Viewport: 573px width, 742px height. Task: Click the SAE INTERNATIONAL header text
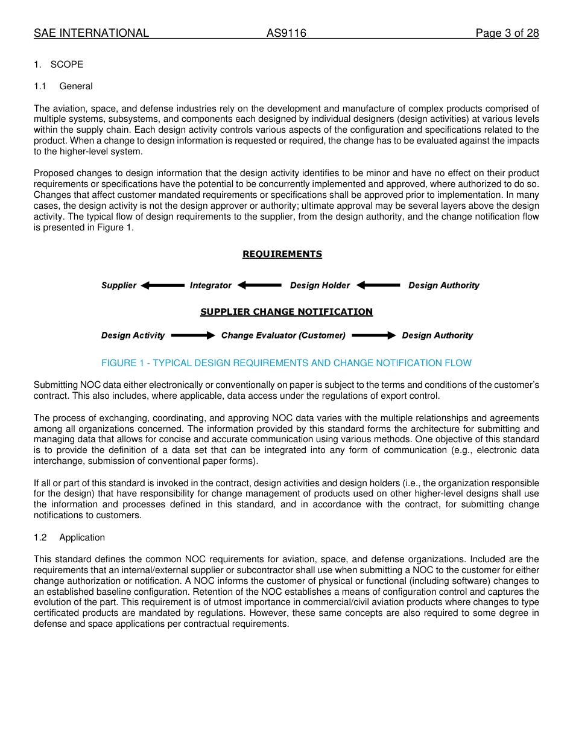(91, 33)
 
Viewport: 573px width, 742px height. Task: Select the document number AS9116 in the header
(286, 33)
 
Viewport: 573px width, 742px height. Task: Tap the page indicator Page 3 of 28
(507, 33)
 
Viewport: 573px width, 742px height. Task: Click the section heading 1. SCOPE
(59, 65)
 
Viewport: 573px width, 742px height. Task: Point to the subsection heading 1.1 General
(63, 86)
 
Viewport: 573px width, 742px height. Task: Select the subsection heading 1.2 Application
(69, 537)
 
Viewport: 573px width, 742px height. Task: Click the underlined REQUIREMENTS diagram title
(282, 254)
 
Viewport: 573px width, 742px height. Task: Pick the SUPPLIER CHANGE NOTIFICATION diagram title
(286, 312)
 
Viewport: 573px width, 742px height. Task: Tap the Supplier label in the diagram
(119, 285)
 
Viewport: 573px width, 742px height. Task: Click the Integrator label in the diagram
(211, 285)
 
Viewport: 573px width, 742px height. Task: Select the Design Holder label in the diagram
(320, 285)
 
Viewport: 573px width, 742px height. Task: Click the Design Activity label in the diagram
(133, 335)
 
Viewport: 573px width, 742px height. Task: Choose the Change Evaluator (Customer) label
(283, 335)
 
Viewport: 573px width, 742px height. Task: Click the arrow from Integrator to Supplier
(163, 285)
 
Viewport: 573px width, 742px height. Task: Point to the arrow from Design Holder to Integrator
(259, 285)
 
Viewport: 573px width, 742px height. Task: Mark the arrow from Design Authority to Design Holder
(378, 285)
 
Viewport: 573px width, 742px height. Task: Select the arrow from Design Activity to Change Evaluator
(193, 335)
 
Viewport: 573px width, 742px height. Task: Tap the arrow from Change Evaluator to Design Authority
(374, 335)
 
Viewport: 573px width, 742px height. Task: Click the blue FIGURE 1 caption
(286, 363)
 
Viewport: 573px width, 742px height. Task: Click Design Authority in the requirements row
(444, 285)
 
